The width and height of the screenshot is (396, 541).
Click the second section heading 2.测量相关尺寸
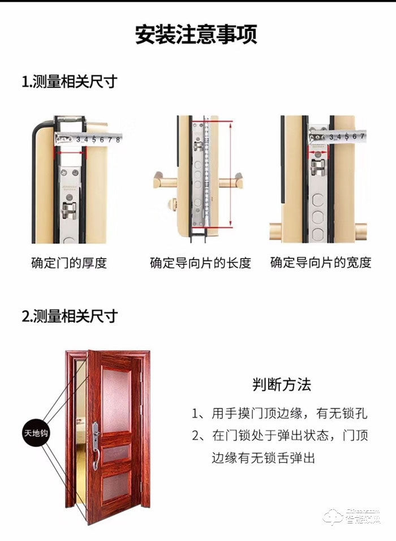point(69,316)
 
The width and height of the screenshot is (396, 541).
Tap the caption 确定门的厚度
point(68,263)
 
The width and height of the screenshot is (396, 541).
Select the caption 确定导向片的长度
point(200,263)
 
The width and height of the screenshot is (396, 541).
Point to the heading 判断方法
point(282,385)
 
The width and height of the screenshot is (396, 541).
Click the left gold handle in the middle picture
point(165,182)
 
